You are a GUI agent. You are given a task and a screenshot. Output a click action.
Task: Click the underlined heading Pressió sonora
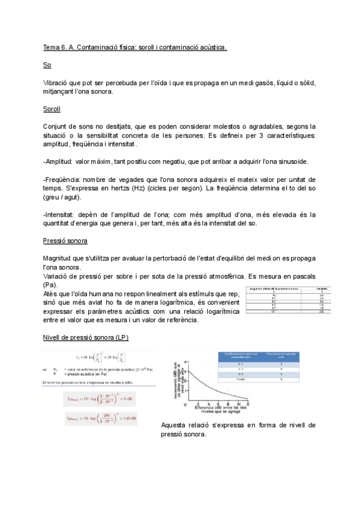click(65, 241)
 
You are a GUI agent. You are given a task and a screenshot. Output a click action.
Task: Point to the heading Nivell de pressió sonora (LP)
click(85, 337)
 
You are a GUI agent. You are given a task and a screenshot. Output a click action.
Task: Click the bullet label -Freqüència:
click(62, 179)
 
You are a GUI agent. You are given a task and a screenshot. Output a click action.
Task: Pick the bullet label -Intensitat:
click(61, 214)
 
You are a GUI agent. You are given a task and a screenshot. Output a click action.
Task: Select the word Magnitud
click(58, 258)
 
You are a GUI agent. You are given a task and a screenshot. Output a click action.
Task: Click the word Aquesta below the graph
click(176, 425)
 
